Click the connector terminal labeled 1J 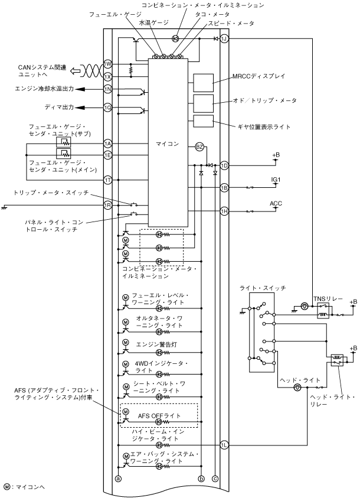[224, 39]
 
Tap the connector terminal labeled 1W [108, 64]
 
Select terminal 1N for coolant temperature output [108, 89]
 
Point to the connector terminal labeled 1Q [108, 108]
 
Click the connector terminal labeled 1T [108, 180]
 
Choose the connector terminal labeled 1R [108, 205]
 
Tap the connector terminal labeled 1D [224, 165]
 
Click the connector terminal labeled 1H [224, 211]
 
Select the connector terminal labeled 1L [224, 445]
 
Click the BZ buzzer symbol [199, 147]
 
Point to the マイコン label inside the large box [167, 144]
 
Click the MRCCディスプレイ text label [259, 76]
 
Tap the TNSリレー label [328, 299]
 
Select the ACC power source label [276, 203]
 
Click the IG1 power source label [276, 180]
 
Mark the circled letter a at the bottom [118, 479]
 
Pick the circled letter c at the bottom [215, 479]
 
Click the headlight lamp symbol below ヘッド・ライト [297, 388]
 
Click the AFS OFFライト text [159, 416]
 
